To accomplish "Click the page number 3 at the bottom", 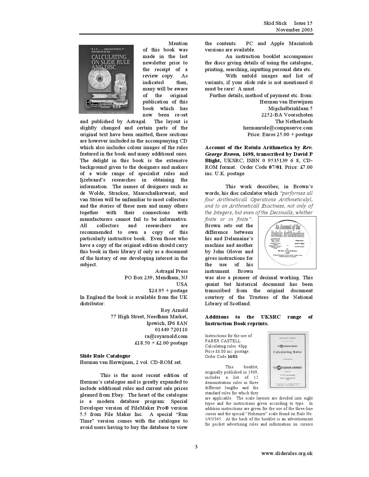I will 196,447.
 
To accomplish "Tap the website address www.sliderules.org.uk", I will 287,453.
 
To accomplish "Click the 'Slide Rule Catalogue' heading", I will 105,356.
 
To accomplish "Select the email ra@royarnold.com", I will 166,336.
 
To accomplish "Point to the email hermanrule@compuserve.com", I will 278,128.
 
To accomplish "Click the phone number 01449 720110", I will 171,330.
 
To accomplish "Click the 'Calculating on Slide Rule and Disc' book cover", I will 106,79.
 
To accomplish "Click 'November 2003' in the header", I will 294,30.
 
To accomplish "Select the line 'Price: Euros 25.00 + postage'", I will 280,134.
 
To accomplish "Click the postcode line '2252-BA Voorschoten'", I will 287,115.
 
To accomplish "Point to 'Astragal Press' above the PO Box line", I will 171,271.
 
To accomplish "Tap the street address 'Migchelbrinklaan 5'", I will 290,108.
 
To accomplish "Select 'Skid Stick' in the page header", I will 275,23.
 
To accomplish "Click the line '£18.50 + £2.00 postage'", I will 161,343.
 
